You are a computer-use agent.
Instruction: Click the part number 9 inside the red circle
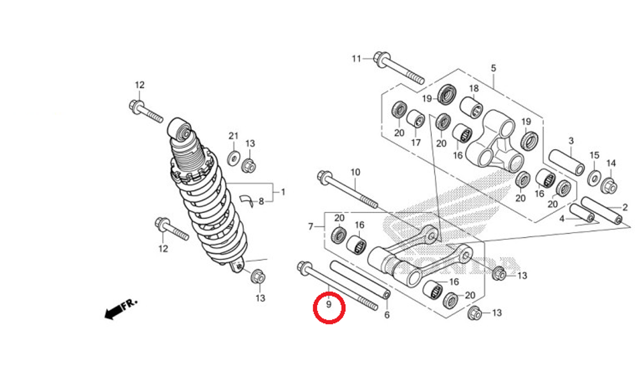[x=329, y=305]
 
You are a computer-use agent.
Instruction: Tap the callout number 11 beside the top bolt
[x=356, y=59]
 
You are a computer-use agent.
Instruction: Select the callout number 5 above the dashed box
[x=493, y=68]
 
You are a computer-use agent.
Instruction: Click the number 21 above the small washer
[x=233, y=136]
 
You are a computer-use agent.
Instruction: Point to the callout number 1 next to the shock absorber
[x=283, y=191]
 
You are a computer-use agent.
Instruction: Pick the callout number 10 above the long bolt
[x=355, y=172]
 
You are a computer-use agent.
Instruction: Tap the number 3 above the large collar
[x=571, y=140]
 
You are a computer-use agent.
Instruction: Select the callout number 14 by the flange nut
[x=611, y=163]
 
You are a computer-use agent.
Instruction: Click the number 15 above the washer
[x=594, y=156]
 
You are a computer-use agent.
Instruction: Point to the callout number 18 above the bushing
[x=474, y=88]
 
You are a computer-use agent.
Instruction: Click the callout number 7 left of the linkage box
[x=311, y=226]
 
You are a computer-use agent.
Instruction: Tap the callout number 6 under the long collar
[x=387, y=315]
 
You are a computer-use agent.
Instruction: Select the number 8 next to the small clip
[x=261, y=202]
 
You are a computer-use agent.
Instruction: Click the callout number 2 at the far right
[x=625, y=207]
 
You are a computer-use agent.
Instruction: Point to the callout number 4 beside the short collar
[x=562, y=219]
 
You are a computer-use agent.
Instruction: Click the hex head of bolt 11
[x=382, y=58]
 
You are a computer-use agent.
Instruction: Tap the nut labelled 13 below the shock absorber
[x=257, y=277]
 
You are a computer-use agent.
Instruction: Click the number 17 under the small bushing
[x=415, y=142]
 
